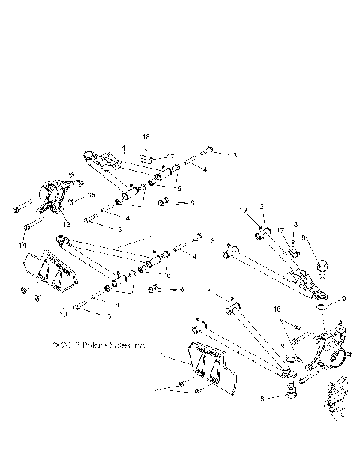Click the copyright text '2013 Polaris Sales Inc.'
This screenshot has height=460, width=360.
click(x=98, y=346)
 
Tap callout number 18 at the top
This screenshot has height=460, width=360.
click(x=146, y=137)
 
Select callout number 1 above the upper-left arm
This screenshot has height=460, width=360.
click(x=124, y=150)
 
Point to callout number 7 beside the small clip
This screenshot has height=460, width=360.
click(x=170, y=156)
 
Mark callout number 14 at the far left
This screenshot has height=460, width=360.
click(x=22, y=246)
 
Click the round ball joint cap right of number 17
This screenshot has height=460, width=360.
click(x=322, y=264)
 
